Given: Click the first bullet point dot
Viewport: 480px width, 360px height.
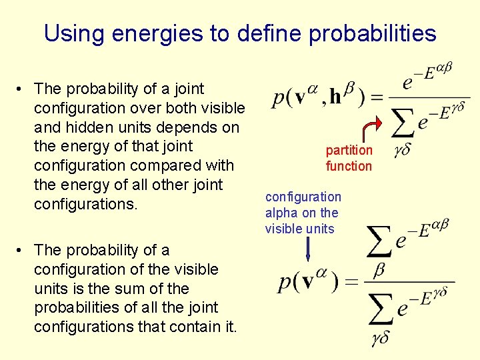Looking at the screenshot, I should pos(21,89).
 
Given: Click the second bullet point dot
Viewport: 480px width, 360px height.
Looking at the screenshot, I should pos(21,250).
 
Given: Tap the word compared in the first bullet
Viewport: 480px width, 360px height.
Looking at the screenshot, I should pos(159,165).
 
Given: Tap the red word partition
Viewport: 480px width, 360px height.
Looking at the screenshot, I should pos(349,151).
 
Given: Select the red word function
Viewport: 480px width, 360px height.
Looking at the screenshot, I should pos(349,166).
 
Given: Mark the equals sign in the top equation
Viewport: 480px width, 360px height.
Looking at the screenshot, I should pos(377,98).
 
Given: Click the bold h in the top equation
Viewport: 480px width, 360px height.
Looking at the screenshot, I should pos(335,97).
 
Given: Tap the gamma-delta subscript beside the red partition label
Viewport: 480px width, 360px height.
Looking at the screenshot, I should pos(401,151).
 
